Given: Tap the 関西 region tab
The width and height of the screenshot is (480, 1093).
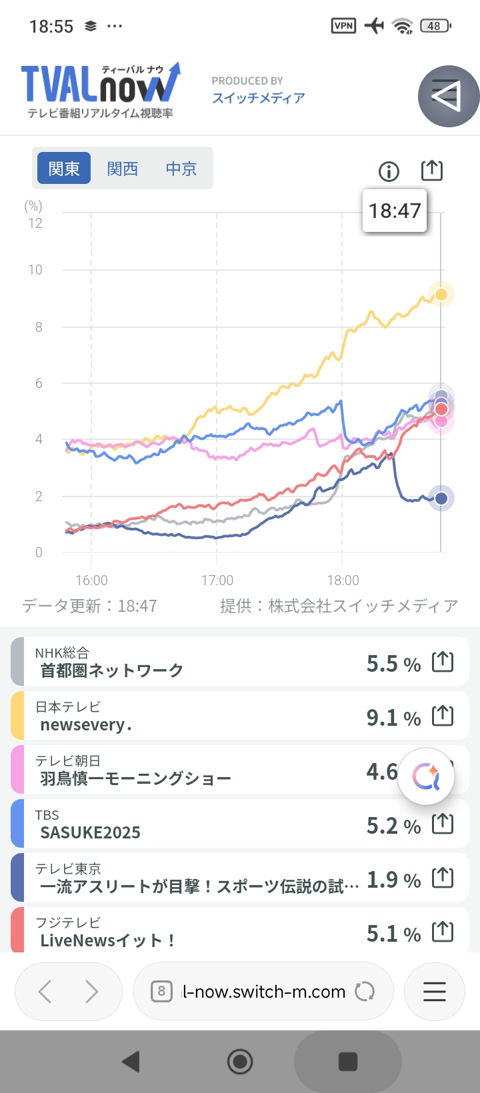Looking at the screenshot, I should pos(123,169).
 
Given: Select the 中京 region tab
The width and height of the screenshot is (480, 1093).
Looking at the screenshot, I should pos(181,169).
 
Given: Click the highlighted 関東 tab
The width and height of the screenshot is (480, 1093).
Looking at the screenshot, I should pos(64,169).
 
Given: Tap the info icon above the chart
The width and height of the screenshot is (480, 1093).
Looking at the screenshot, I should pos(389,172).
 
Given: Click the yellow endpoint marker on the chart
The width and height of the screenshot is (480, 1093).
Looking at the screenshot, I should pos(441,295).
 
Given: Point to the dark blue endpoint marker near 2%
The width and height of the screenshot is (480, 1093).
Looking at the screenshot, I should pos(441,498).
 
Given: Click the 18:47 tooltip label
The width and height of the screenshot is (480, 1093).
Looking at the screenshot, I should pos(395,211).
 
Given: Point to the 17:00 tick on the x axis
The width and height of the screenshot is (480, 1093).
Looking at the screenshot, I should pos(217,580).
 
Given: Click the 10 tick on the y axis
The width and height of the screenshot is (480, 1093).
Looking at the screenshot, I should pos(35,270).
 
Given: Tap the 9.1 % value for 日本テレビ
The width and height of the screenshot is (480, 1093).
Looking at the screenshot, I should pos(393,718).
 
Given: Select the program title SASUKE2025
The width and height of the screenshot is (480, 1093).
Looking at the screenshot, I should pos(91,832).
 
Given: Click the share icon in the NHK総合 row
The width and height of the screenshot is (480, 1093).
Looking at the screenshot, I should pos(443,662).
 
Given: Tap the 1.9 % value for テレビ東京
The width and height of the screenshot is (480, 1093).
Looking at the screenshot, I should pos(393,880).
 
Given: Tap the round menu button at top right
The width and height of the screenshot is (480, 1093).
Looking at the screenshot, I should pos(448,97).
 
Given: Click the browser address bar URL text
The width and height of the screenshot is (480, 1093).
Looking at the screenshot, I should pos(264,992).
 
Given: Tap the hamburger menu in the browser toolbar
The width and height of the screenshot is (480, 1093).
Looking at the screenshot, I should pos(435,992).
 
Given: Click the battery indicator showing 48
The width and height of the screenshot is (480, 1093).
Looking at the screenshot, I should pos(435,26).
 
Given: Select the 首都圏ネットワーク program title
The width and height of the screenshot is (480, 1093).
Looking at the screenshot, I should pos(112,670).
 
